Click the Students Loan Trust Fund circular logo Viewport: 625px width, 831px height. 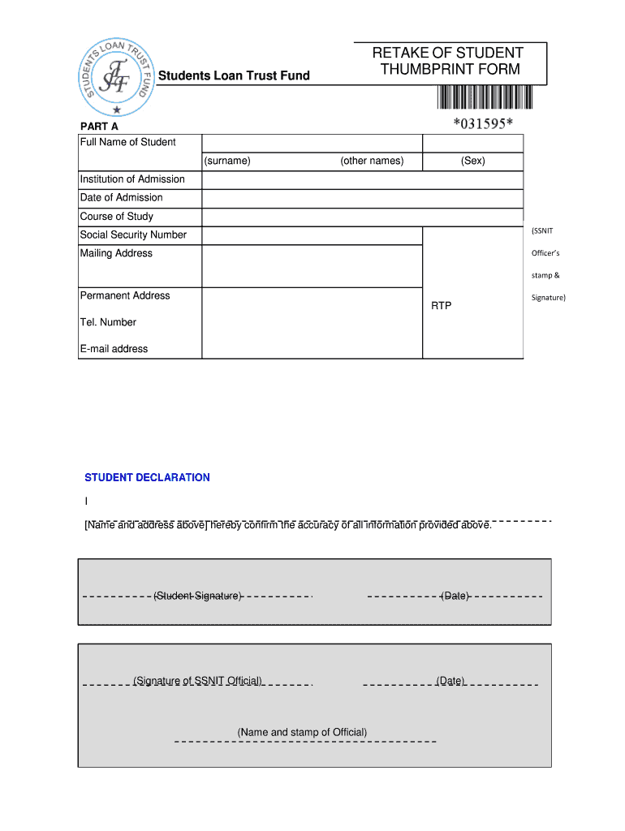(x=117, y=75)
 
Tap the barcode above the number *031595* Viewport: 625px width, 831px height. (x=485, y=97)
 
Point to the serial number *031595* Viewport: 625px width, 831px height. (x=483, y=123)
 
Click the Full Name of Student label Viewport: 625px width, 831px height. (x=127, y=143)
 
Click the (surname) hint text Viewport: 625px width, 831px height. (x=227, y=161)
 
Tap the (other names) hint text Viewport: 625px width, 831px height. (x=372, y=161)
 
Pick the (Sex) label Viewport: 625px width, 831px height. (x=472, y=161)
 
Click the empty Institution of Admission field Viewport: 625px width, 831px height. (x=362, y=179)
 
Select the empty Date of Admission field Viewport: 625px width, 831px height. (x=362, y=198)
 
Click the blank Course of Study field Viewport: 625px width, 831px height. (x=362, y=217)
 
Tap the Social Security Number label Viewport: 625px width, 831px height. (x=133, y=235)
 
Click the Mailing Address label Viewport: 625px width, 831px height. (x=116, y=254)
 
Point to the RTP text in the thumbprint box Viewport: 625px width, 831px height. (x=441, y=306)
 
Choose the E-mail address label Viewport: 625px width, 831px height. (x=114, y=349)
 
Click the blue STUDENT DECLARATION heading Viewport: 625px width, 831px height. (x=147, y=477)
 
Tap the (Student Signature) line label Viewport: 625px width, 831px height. (x=197, y=596)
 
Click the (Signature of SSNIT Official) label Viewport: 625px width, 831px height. (x=197, y=681)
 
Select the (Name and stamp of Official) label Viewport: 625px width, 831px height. (x=302, y=732)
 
